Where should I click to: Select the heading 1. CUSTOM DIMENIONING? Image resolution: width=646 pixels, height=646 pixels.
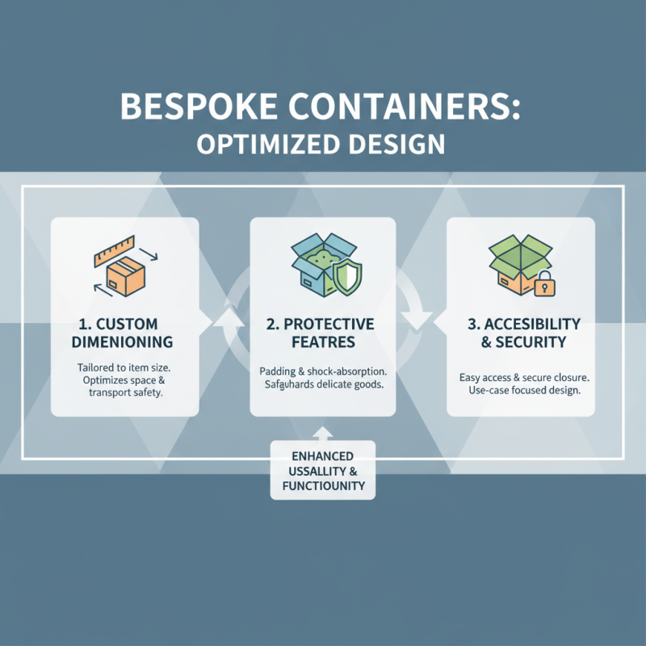125,333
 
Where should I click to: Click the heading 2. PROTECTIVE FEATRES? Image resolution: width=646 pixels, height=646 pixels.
322,333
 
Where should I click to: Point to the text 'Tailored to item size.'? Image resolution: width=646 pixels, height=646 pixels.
125,368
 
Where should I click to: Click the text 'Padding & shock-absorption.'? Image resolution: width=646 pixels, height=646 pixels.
322,371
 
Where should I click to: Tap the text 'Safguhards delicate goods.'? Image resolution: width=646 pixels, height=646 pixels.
322,385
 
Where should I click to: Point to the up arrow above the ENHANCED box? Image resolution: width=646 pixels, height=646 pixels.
322,433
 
